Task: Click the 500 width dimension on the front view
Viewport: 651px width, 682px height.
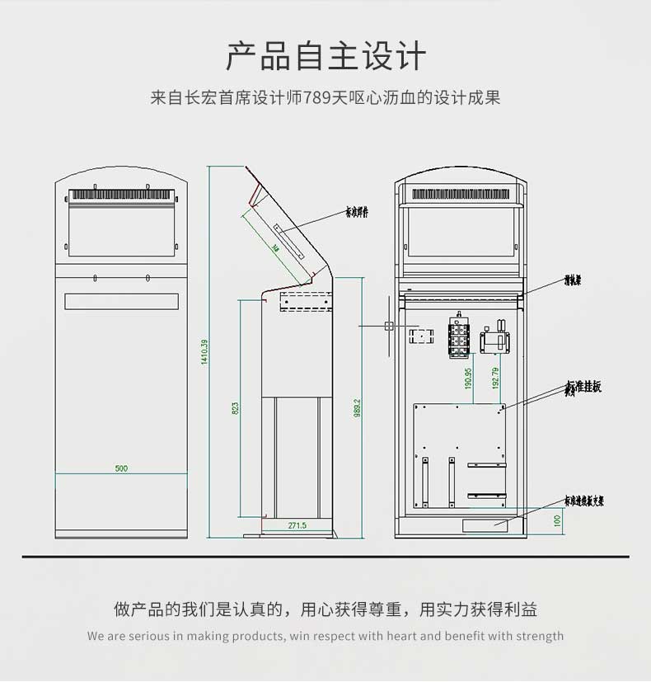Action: pos(121,468)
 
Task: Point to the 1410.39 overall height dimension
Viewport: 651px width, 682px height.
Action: pos(204,353)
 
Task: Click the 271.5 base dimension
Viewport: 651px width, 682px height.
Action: pos(297,525)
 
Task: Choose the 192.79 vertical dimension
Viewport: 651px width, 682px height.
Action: pos(494,378)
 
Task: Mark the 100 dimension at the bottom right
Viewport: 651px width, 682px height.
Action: pos(557,521)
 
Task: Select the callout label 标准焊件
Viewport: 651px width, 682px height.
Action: pos(357,212)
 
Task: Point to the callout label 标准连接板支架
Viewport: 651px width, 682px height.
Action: pos(583,500)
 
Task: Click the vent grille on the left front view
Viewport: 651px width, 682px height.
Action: pos(121,196)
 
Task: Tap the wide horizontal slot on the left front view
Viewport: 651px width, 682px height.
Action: pos(121,301)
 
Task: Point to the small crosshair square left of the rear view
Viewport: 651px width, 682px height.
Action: pos(389,327)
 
